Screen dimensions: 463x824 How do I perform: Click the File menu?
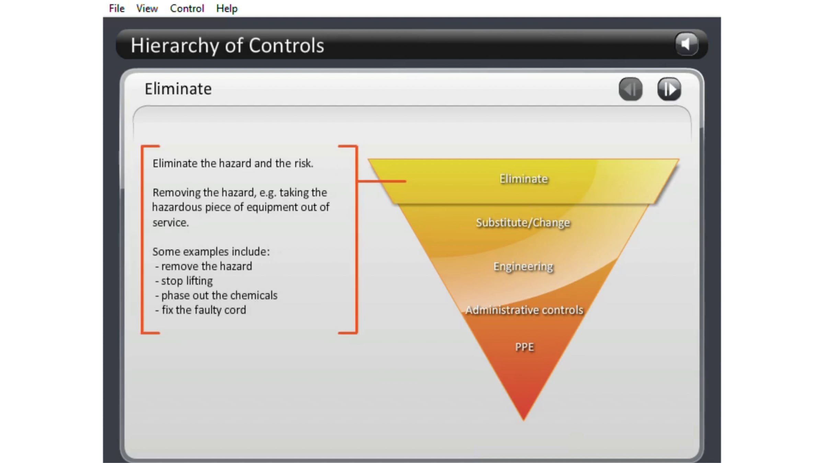click(x=117, y=8)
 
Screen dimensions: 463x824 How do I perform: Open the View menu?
click(x=147, y=8)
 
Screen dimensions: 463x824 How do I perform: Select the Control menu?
click(x=187, y=8)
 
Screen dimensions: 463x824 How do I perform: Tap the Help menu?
click(x=227, y=8)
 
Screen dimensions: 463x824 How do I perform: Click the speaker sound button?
click(x=686, y=44)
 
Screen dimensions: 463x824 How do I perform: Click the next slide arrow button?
click(x=669, y=89)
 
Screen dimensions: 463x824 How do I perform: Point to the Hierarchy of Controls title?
click(x=227, y=45)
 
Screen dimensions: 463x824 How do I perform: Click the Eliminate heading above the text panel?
click(x=178, y=89)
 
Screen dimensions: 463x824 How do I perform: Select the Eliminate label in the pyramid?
click(x=524, y=179)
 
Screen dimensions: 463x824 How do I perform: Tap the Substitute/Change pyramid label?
click(x=523, y=223)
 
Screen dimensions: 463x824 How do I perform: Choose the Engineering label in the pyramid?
click(x=523, y=266)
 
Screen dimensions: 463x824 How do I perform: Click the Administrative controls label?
click(x=524, y=310)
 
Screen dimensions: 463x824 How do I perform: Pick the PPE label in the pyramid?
click(x=524, y=347)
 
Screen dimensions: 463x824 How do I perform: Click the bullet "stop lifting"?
click(x=187, y=281)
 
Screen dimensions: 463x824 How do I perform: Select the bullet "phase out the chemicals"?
click(x=219, y=295)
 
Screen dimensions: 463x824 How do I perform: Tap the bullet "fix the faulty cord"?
click(x=204, y=310)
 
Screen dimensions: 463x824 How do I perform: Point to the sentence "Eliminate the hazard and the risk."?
click(x=233, y=164)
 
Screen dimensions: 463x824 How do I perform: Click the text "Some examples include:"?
click(x=211, y=252)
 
